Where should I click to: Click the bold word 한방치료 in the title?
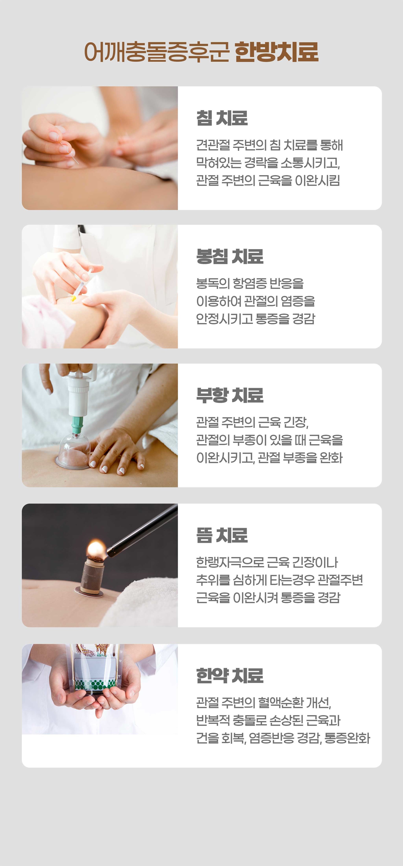coord(276,52)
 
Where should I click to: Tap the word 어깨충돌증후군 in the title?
coord(157,52)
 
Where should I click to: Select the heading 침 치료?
coord(222,118)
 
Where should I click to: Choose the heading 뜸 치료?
coord(222,535)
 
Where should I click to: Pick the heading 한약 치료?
coord(230,675)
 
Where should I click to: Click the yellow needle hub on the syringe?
coord(73,298)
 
